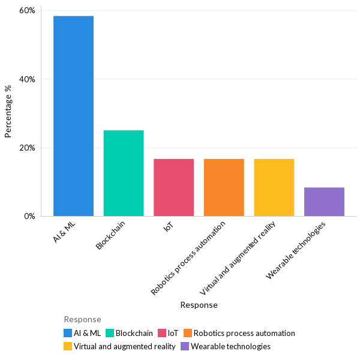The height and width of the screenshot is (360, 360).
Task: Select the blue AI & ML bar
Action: click(x=73, y=116)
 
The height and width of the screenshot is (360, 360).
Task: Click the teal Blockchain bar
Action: click(x=124, y=173)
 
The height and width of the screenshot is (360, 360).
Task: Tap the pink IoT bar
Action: click(x=173, y=187)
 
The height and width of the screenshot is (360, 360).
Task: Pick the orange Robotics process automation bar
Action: click(x=224, y=187)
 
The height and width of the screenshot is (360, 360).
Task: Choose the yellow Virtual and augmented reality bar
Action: click(x=274, y=187)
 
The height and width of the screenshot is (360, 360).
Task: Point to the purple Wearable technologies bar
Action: click(x=324, y=202)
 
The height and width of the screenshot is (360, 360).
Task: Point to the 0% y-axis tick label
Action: click(x=30, y=216)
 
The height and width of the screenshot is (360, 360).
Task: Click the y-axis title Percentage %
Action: click(x=8, y=112)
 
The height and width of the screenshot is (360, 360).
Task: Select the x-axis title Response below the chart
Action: click(x=199, y=305)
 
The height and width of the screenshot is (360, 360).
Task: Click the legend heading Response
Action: click(x=82, y=319)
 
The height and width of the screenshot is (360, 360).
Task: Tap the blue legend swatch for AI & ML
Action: click(x=68, y=333)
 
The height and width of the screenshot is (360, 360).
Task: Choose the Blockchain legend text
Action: click(x=134, y=333)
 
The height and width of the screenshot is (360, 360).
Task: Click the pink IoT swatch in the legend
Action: click(x=162, y=333)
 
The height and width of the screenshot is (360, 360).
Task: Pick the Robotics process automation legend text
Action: click(x=244, y=333)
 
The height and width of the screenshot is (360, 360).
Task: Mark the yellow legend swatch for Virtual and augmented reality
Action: click(x=68, y=346)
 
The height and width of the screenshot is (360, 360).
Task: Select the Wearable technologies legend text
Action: click(x=230, y=346)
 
